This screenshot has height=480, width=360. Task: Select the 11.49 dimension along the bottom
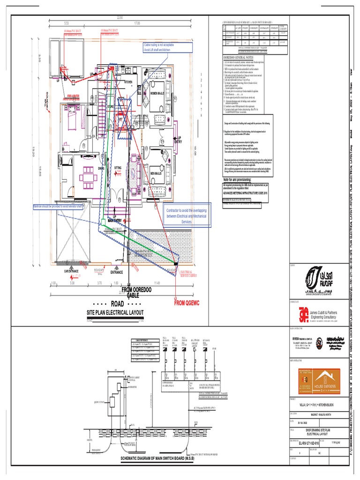[157, 283]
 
